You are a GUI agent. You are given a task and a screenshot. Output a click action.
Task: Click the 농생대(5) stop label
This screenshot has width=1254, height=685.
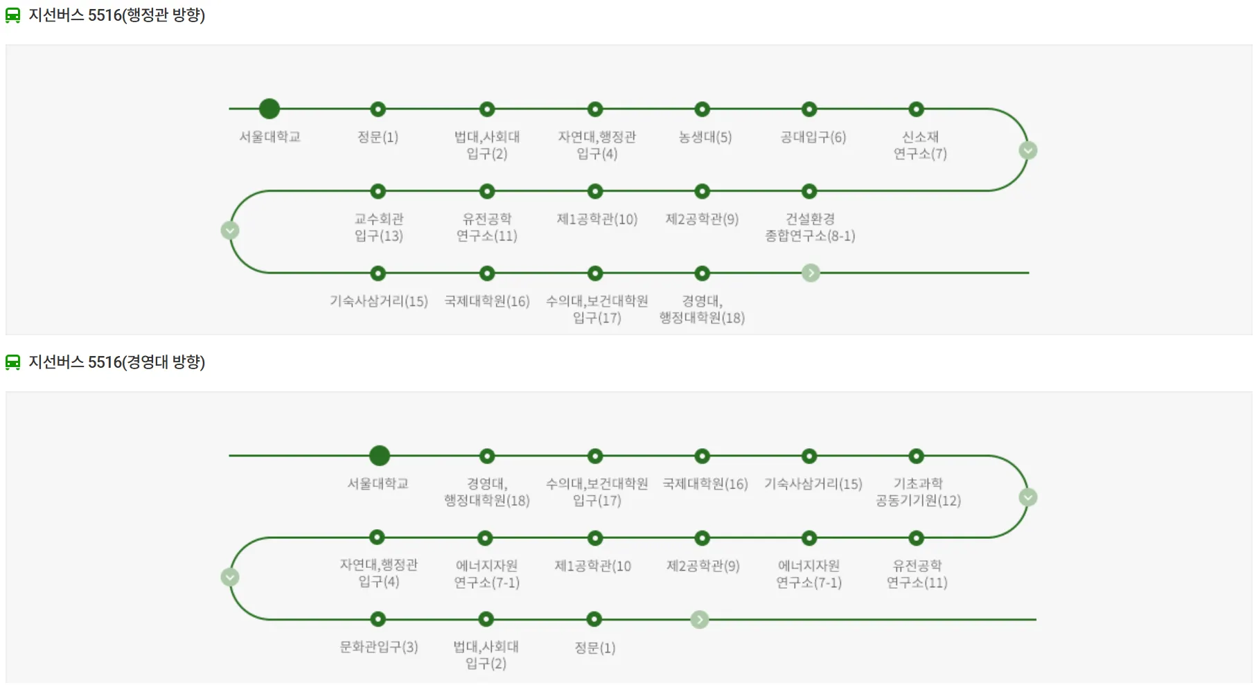click(705, 137)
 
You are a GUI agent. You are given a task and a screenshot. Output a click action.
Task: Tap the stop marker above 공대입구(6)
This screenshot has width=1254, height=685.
click(809, 109)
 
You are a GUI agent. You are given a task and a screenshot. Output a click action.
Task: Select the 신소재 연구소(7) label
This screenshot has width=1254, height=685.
click(919, 145)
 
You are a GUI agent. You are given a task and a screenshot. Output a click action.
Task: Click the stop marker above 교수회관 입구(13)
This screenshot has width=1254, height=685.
click(378, 191)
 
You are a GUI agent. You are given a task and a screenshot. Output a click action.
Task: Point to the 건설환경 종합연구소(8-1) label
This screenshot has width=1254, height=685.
click(809, 227)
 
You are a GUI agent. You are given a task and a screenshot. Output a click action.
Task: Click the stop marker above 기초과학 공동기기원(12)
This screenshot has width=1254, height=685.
click(916, 456)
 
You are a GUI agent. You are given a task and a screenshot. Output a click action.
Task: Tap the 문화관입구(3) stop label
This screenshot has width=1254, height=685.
click(378, 647)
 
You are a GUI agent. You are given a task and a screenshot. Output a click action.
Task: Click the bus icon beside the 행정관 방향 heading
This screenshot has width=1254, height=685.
click(13, 15)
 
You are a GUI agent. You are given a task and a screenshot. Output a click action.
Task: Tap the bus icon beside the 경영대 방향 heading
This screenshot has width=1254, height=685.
click(13, 362)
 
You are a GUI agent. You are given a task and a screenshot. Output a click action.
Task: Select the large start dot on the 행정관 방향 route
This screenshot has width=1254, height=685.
click(269, 109)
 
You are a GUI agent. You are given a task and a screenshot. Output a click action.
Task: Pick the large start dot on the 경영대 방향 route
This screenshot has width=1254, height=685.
click(379, 456)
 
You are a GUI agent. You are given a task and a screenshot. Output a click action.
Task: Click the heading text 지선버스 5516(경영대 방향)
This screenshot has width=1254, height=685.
click(116, 362)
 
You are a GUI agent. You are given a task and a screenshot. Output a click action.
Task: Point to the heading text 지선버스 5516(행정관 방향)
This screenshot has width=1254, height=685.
click(116, 15)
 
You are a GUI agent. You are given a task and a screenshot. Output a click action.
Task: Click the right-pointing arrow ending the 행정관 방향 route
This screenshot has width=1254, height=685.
click(811, 273)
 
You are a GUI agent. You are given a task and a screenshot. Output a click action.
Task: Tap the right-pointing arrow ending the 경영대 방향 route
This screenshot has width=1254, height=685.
click(700, 619)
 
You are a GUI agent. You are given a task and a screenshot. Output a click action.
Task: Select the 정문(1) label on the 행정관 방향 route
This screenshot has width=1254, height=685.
click(378, 137)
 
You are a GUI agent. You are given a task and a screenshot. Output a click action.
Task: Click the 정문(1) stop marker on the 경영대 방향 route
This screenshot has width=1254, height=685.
click(594, 619)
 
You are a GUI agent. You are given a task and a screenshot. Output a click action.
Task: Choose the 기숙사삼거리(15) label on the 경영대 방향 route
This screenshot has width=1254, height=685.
click(813, 484)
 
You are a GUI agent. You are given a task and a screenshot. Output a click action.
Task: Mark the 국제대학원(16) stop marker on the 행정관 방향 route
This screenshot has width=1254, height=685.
click(487, 274)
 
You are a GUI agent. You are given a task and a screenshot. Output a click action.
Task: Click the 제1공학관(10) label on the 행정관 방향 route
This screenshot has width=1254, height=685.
click(597, 220)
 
